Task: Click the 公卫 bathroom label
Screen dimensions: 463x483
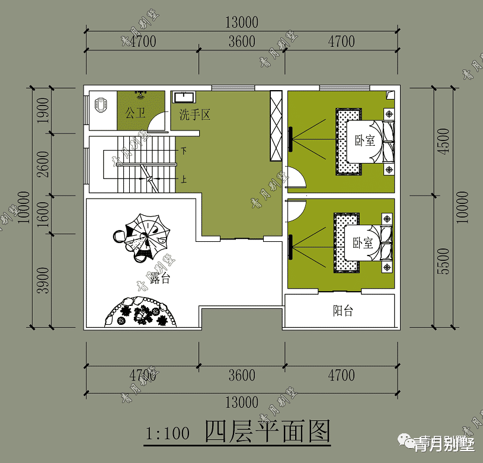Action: pos(135,112)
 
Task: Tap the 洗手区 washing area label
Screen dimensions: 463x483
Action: pos(195,115)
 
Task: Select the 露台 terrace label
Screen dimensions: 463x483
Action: pos(159,278)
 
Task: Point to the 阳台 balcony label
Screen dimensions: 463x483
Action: pos(343,311)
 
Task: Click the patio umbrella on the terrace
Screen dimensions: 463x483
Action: pos(142,237)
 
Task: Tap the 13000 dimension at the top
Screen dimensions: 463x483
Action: pos(241,23)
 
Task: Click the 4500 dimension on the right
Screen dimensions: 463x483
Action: pos(444,141)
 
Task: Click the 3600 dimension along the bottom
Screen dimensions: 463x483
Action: pos(241,375)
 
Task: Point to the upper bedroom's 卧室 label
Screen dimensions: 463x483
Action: pos(364,141)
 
